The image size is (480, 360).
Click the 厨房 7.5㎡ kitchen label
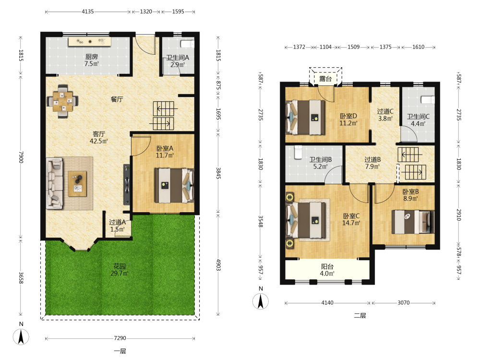[92, 60]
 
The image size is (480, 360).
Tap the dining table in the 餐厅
[62, 101]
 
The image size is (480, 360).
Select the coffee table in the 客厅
[77, 184]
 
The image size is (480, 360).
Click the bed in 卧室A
[174, 185]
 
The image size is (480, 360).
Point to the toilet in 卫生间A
[187, 44]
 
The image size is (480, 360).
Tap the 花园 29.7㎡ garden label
[120, 270]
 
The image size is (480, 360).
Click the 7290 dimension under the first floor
[120, 338]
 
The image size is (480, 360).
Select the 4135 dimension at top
[87, 12]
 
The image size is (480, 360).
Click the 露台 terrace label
[325, 79]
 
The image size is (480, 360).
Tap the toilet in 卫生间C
[428, 99]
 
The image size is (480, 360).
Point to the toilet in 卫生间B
[298, 153]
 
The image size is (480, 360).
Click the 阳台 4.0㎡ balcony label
[327, 270]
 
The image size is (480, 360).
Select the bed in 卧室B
[413, 222]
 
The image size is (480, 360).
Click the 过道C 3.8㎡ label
[385, 115]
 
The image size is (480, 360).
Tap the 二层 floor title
[360, 316]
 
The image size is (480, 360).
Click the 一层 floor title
[120, 351]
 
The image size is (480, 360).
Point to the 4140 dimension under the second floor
[327, 303]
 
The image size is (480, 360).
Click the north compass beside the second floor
[261, 301]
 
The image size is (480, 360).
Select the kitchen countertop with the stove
[89, 42]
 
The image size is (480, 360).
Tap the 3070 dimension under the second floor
[404, 303]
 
